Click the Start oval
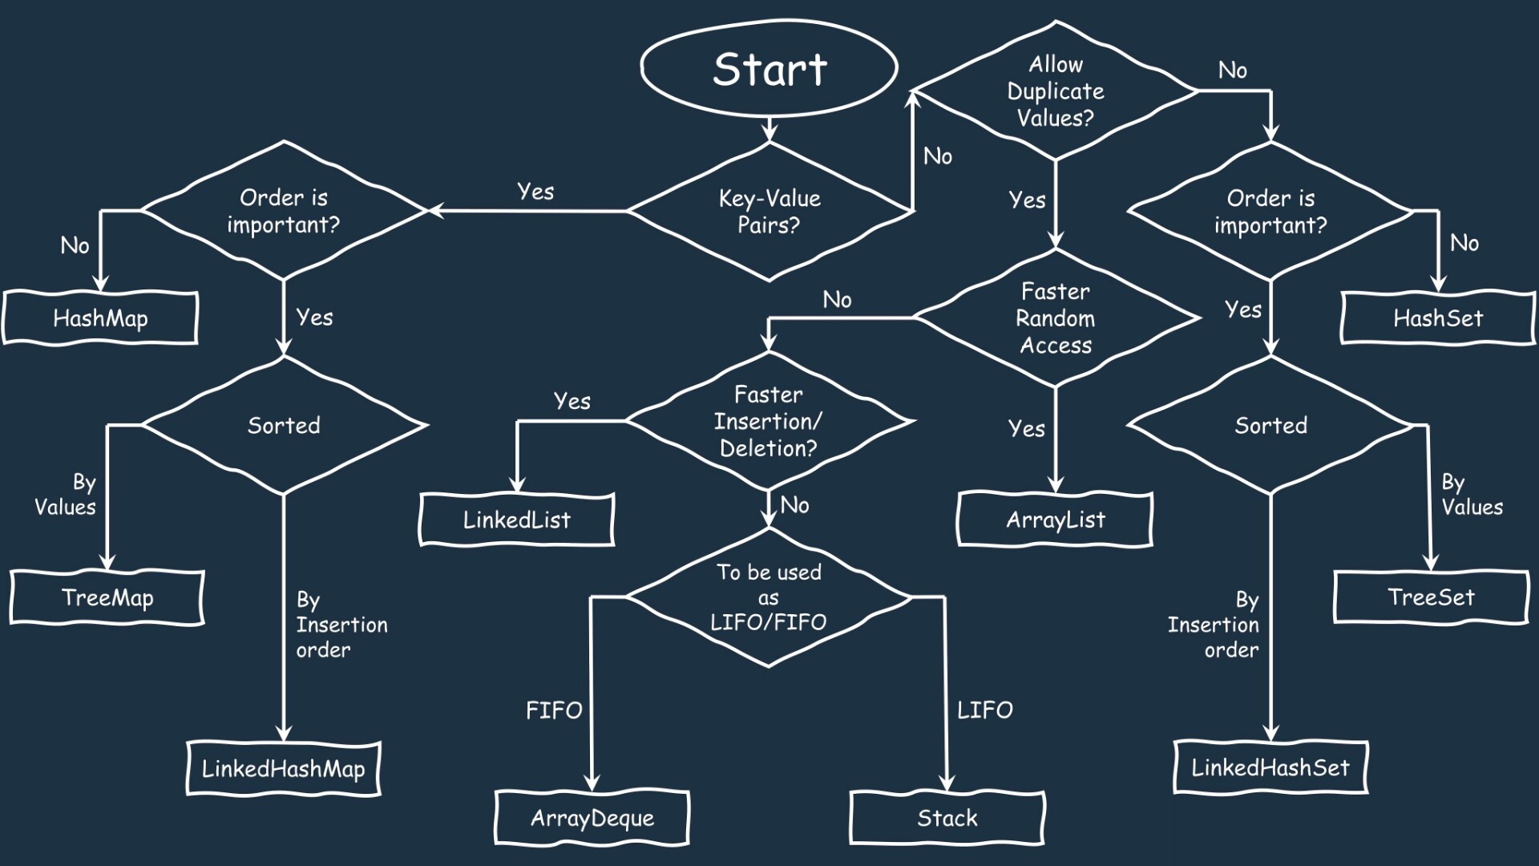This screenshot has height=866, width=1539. pos(769,68)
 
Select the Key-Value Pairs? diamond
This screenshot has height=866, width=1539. pos(769,212)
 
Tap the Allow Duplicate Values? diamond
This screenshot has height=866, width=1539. pos(1055,91)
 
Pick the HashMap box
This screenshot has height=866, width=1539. pos(100,318)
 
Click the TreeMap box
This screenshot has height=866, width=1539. pos(107,597)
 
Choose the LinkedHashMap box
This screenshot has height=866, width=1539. pos(284,768)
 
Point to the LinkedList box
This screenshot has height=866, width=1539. pos(517,520)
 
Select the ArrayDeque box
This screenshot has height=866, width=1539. pos(592,818)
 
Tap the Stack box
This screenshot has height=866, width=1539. pos(947,818)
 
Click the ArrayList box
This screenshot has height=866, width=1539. pos(1056,520)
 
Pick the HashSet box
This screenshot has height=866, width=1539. pos(1439,318)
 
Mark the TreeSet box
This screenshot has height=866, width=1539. pos(1432,597)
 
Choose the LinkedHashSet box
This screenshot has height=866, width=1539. pos(1270,767)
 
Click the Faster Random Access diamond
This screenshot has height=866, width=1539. pos(1056,318)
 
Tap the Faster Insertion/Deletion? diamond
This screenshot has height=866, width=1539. pos(769,421)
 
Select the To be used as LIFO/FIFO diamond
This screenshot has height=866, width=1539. pos(769,597)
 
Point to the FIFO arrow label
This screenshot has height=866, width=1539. pos(554,710)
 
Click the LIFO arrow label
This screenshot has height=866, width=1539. pos(985,710)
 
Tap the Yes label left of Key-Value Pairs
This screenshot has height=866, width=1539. pos(535,192)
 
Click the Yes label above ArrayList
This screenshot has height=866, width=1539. pos(1027,428)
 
